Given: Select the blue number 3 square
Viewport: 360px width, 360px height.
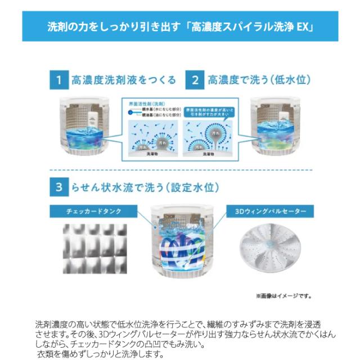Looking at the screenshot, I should [58, 188].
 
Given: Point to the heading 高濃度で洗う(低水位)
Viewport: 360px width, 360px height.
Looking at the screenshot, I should [259, 80].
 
